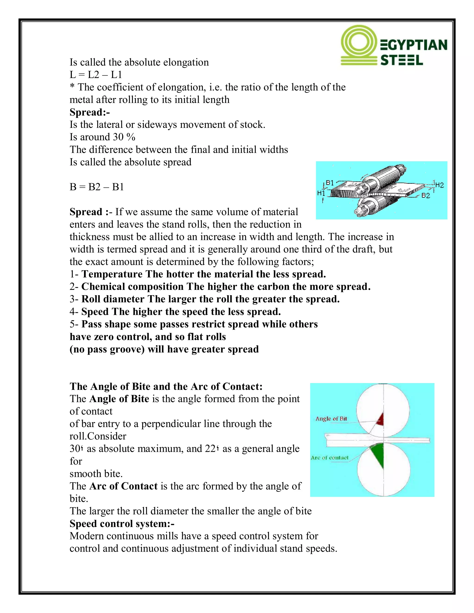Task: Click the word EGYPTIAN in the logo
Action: point(414,45)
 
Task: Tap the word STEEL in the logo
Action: point(402,60)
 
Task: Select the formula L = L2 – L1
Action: point(96,75)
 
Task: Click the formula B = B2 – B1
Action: point(97,187)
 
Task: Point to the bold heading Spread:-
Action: point(90,112)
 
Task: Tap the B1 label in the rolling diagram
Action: point(330,183)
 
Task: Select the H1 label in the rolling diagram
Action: point(321,193)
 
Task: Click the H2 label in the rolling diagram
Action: point(440,185)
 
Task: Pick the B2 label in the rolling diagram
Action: point(426,196)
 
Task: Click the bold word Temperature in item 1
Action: point(112,274)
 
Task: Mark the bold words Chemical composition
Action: point(132,287)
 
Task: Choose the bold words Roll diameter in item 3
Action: point(113,299)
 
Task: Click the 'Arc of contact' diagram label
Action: point(329,458)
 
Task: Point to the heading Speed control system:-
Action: point(122,524)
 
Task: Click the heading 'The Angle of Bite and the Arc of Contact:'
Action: point(166,387)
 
